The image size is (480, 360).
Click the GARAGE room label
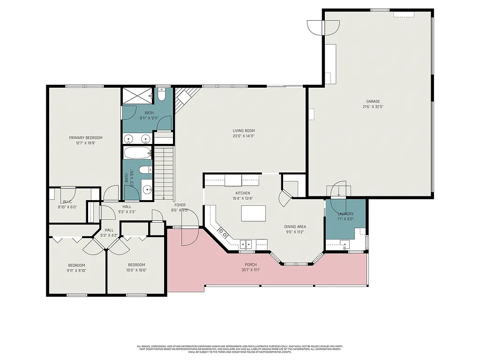pos(373,101)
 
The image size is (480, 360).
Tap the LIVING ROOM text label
pos(243,131)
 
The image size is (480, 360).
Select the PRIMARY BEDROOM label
pos(86,138)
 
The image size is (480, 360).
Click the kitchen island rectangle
pos(253,213)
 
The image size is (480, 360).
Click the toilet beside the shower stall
pos(161,96)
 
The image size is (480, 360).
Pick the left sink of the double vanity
pos(129,139)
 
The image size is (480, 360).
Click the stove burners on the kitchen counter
pos(223,234)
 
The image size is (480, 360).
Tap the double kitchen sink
pos(246,244)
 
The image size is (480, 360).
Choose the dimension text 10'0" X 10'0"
pos(136,270)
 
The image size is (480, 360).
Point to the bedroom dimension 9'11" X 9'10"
pos(76,270)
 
